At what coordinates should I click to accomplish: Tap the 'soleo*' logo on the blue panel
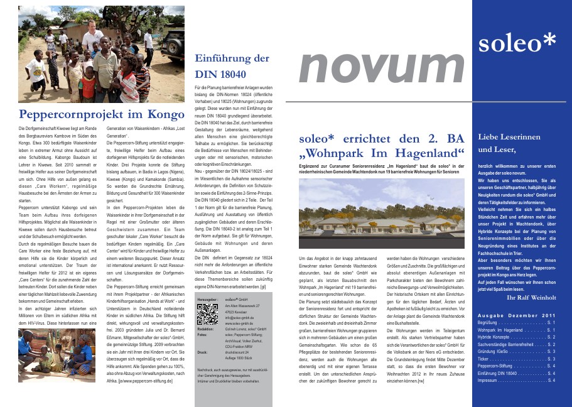pos(517,42)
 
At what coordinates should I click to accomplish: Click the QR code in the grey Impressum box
pos(207,313)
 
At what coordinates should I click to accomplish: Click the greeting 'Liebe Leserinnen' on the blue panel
pos(509,136)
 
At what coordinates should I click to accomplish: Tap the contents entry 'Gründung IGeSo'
pos(495,351)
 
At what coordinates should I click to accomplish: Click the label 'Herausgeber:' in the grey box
pos(207,300)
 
